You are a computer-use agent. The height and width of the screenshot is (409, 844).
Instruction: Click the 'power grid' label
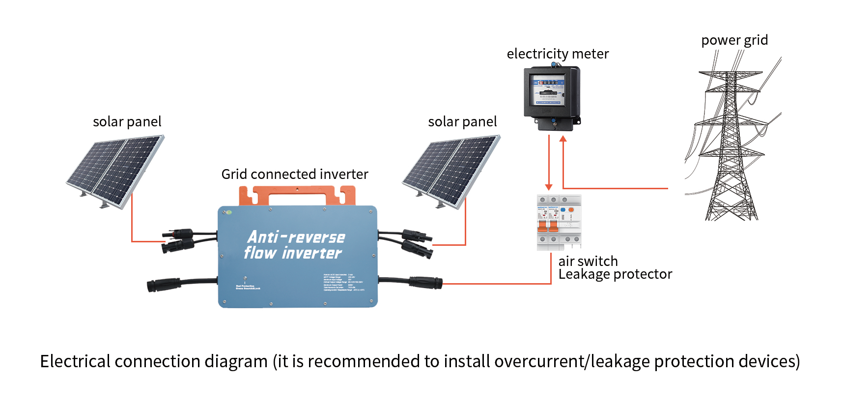(734, 40)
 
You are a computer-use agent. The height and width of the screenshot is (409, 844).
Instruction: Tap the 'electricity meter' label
(558, 54)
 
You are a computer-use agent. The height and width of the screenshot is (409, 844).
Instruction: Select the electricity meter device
(552, 98)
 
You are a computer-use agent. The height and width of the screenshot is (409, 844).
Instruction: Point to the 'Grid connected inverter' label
(294, 174)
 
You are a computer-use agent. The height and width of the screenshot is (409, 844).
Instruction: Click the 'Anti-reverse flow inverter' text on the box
(295, 245)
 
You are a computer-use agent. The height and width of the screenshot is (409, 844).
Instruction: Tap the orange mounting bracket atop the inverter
(297, 195)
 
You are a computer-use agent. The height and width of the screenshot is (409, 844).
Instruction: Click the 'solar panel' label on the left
(127, 121)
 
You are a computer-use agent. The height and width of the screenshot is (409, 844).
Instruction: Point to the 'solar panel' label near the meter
(462, 121)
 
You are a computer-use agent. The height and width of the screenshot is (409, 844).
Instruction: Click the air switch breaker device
(559, 222)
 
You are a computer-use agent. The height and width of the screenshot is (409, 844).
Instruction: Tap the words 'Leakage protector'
(615, 274)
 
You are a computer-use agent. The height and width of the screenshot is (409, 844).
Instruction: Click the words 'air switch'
(588, 261)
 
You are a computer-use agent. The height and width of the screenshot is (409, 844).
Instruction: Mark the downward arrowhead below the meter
(549, 187)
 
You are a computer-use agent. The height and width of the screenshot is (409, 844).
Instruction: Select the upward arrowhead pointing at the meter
(563, 139)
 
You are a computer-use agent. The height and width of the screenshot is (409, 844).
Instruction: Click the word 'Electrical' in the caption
(75, 361)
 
